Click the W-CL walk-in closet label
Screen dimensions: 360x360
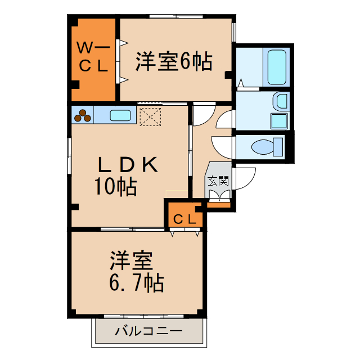pos(93,56)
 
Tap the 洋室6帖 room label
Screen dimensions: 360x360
pos(173,61)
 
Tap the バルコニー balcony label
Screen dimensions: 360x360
pos(148,331)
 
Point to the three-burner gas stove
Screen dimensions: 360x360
pos(83,115)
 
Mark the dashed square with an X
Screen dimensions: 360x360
pos(150,117)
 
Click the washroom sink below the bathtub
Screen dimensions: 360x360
pos(279,101)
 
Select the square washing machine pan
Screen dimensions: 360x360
pos(279,121)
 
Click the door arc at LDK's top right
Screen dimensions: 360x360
pos(202,116)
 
